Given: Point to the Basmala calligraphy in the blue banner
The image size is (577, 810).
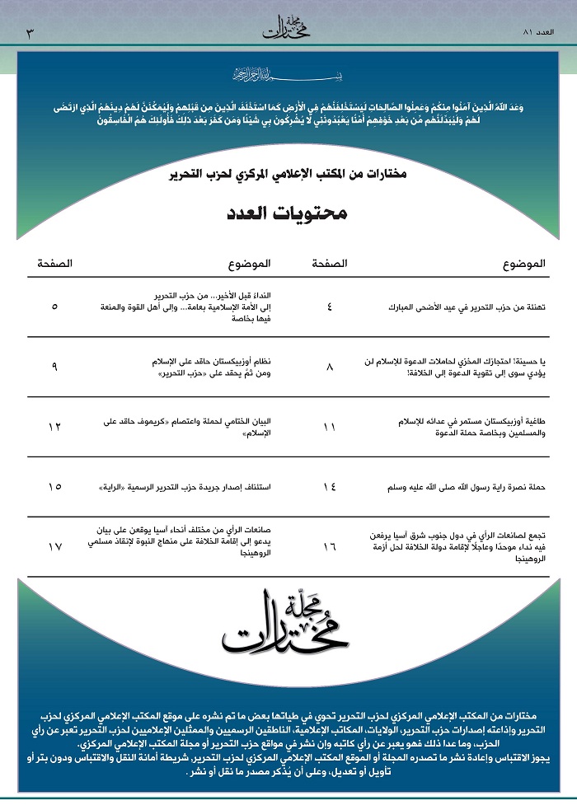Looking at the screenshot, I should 288,75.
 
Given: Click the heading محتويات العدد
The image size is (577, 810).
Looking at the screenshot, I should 288,214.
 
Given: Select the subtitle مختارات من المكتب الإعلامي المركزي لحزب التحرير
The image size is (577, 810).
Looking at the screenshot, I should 288,176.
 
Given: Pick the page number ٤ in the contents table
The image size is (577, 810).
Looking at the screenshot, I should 331,306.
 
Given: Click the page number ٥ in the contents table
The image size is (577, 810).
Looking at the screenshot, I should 54,306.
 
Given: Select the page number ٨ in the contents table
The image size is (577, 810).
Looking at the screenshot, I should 331,367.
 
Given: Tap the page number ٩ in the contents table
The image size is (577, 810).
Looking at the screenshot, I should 54,367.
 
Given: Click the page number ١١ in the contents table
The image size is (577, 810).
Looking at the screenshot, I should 331,427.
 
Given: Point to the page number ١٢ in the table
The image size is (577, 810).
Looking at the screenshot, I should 54,427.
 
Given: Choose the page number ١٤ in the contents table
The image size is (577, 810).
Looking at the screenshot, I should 331,487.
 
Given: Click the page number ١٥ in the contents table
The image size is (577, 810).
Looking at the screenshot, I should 54,487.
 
